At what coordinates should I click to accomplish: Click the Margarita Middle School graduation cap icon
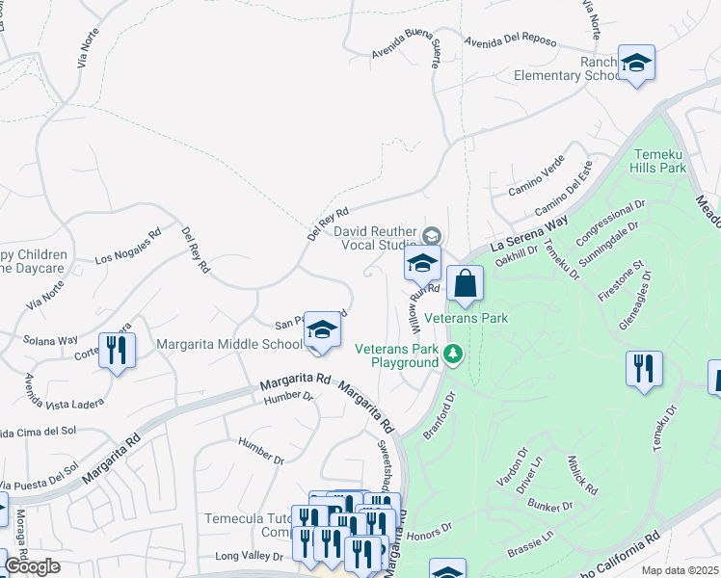pyautogui.click(x=323, y=330)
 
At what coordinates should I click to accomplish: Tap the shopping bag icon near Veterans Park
pyautogui.click(x=465, y=284)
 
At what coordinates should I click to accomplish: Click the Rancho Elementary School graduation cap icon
pyautogui.click(x=636, y=64)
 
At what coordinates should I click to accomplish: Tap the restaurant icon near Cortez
pyautogui.click(x=117, y=350)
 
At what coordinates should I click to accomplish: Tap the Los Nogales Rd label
pyautogui.click(x=127, y=247)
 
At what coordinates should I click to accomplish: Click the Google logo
pyautogui.click(x=32, y=566)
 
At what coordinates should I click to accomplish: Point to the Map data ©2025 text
pyautogui.click(x=681, y=570)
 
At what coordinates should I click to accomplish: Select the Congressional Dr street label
pyautogui.click(x=611, y=224)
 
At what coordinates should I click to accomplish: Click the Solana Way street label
pyautogui.click(x=52, y=340)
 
